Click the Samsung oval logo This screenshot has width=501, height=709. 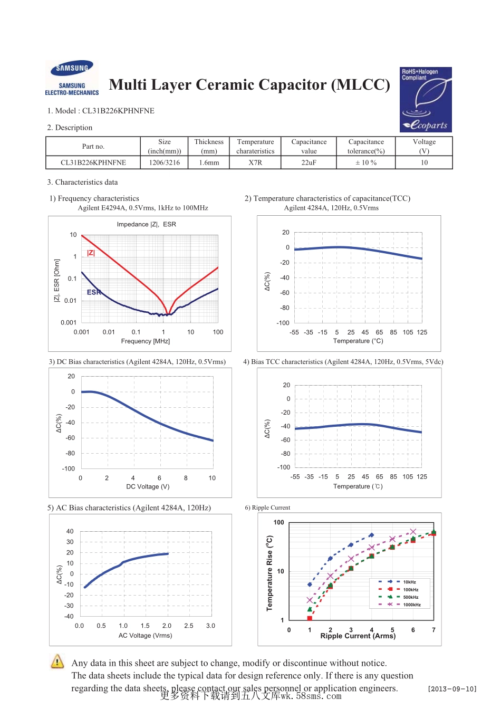point(72,69)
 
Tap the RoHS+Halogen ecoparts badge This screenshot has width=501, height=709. point(426,99)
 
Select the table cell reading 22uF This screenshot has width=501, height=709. point(309,162)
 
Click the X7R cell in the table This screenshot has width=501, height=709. point(255,162)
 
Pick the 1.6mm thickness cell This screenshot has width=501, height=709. point(209,162)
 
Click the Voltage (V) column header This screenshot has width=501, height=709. point(424,146)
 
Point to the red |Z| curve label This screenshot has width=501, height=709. point(91,253)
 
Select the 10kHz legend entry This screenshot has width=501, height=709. point(409,582)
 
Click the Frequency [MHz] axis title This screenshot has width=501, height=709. point(146,341)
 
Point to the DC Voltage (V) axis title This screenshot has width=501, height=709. point(148,486)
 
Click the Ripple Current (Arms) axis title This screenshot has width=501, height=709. point(358,636)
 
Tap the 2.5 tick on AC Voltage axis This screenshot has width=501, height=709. point(189,626)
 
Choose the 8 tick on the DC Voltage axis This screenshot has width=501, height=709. point(186,478)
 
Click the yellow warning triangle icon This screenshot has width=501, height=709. point(57,661)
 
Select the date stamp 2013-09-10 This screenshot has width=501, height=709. point(452,689)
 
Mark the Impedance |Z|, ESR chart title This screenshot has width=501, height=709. point(146,224)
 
